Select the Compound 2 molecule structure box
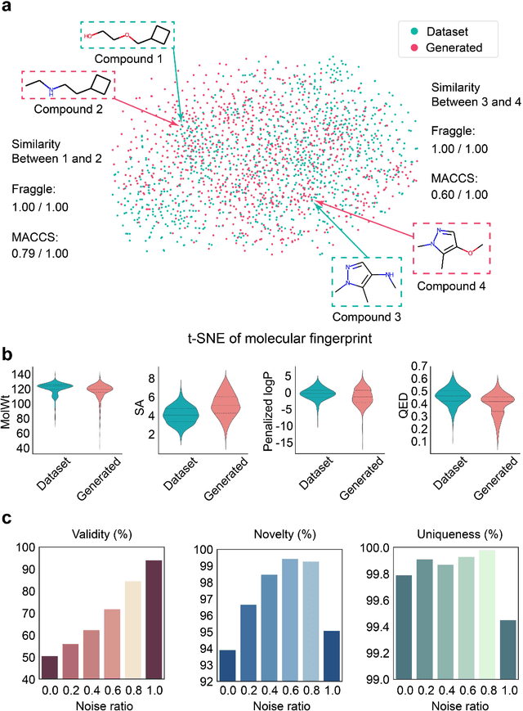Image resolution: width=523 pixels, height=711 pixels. [x=69, y=85]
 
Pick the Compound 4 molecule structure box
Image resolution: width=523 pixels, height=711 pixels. [x=450, y=247]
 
